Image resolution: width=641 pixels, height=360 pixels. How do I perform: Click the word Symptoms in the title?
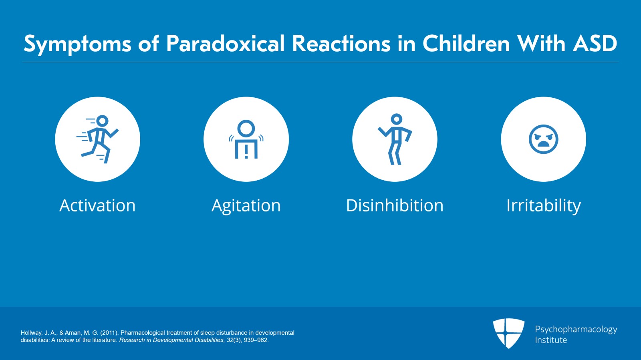tap(77, 44)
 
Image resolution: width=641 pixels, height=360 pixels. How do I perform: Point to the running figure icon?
tap(98, 139)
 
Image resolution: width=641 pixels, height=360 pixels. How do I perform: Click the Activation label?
tap(97, 205)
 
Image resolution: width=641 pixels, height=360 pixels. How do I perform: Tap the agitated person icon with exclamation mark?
tap(246, 139)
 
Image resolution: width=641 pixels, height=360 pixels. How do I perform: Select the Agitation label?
tap(246, 206)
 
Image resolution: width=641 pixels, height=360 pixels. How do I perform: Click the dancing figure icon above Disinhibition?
tap(395, 139)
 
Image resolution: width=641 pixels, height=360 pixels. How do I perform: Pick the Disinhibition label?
tap(395, 205)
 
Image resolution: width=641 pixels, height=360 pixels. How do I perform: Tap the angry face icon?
tap(543, 139)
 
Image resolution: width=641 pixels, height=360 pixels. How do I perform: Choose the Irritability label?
tap(543, 206)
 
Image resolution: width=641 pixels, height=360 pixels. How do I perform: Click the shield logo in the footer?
tap(508, 333)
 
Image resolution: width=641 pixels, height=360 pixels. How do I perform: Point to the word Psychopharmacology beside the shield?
tap(576, 329)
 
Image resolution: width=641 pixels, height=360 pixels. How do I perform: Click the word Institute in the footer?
tap(551, 340)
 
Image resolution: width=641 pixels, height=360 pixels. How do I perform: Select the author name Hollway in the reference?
tap(31, 333)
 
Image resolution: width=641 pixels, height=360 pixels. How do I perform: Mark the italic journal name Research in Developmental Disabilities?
tap(171, 340)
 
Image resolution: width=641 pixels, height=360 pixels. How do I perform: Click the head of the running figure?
tap(103, 121)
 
